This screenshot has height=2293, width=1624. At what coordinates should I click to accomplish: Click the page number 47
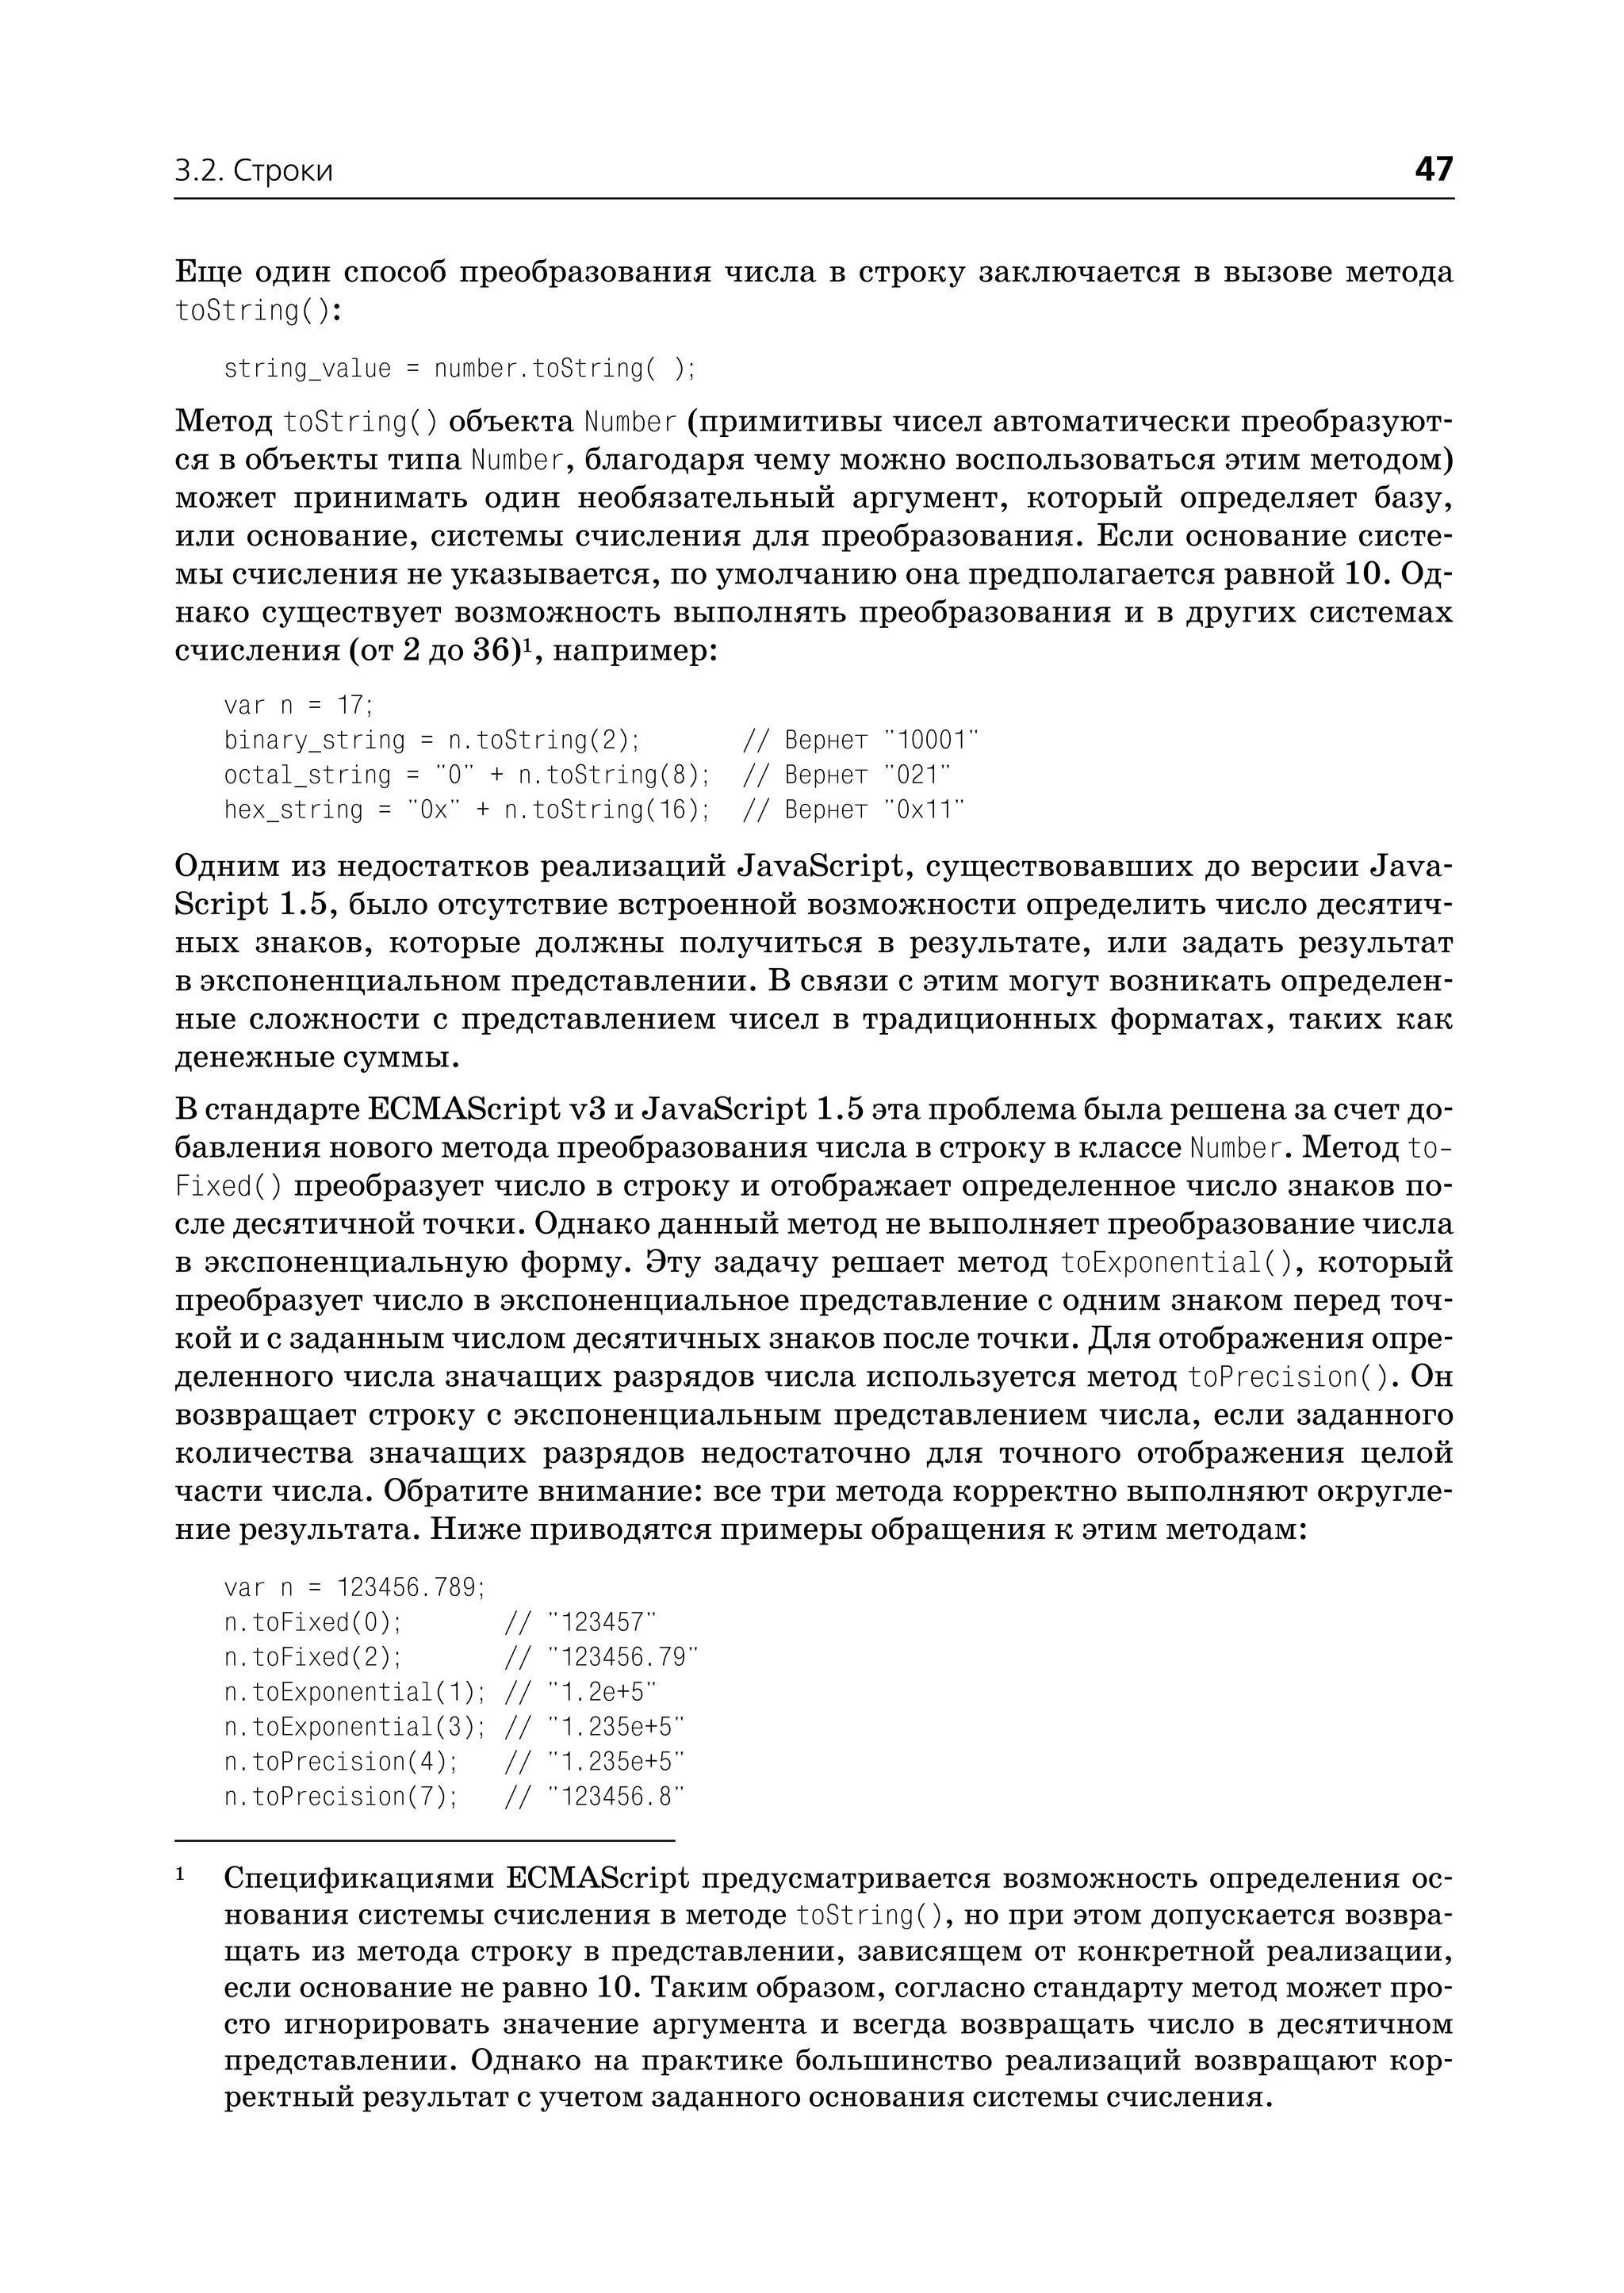(1433, 169)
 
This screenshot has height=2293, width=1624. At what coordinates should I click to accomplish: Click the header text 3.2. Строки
(254, 172)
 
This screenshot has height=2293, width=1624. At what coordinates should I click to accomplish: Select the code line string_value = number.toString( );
(459, 369)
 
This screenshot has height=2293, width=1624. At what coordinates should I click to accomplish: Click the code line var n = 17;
(298, 705)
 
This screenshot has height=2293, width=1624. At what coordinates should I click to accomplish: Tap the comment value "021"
(918, 775)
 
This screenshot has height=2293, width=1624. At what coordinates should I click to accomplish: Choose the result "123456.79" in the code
(622, 1657)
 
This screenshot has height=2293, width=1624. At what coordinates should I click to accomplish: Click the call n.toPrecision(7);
(340, 1797)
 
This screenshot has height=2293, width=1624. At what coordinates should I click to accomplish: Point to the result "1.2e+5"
(602, 1692)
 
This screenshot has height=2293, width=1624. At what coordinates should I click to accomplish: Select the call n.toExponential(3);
(354, 1727)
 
